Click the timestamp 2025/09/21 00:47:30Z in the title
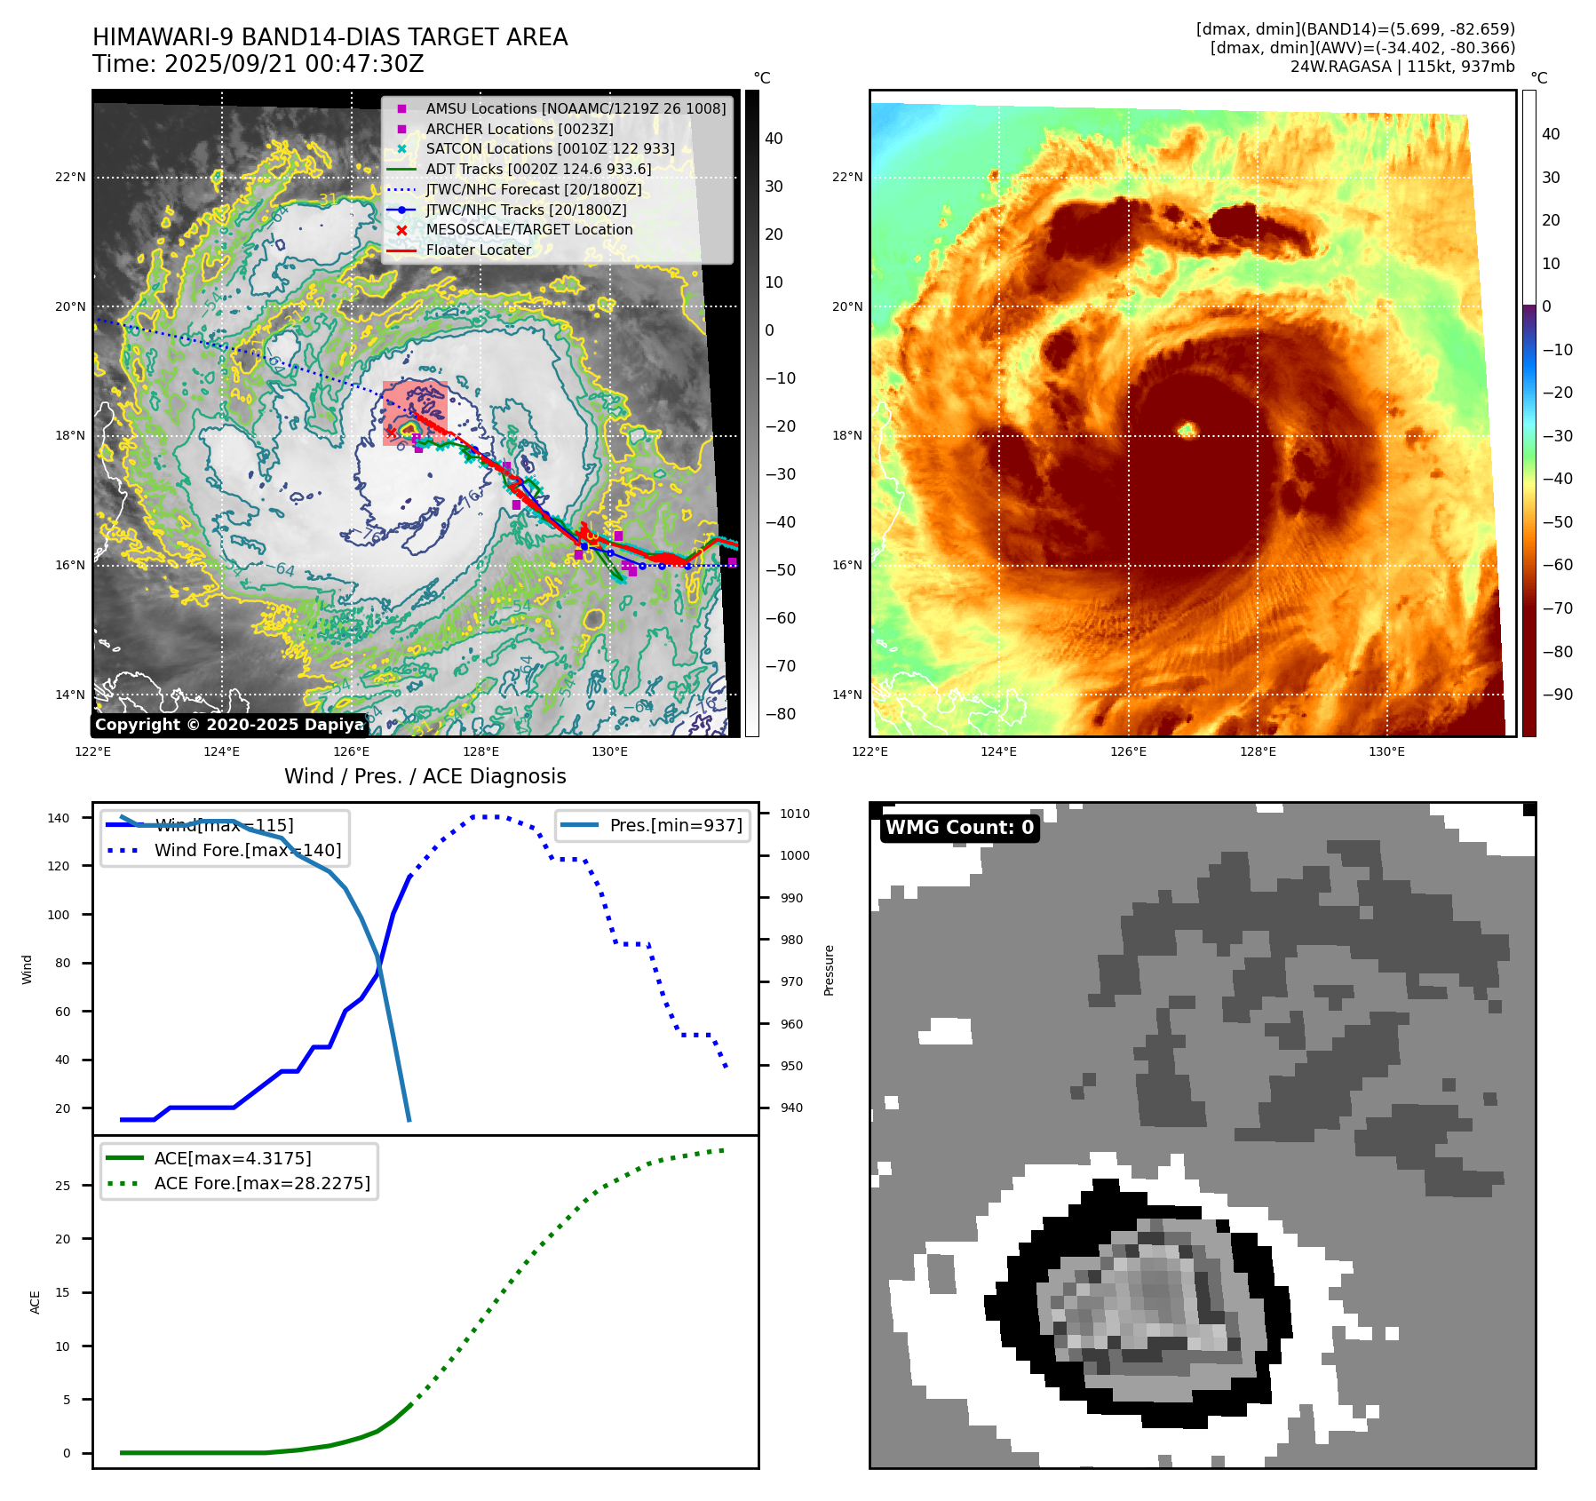coord(294,65)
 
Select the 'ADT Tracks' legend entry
coord(538,169)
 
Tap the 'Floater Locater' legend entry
coord(478,250)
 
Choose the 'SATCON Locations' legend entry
coord(550,149)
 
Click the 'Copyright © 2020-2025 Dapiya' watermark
coord(229,725)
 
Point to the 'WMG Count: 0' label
coord(959,828)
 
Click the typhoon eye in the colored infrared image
coord(1187,431)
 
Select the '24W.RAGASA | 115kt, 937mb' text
coord(1402,67)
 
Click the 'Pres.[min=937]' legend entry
coord(675,825)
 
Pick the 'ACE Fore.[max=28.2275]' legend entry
coord(262,1183)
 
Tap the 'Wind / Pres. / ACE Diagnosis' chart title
coord(425,776)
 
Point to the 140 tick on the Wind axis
coord(59,818)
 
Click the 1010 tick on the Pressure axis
coord(795,814)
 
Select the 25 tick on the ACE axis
coord(62,1186)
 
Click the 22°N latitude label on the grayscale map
coord(70,178)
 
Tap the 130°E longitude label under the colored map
coord(1386,752)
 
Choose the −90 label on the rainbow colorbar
coord(1557,695)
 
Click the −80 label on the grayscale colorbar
coord(781,714)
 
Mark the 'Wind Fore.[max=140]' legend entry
coord(247,850)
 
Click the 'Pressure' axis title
coord(829,970)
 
